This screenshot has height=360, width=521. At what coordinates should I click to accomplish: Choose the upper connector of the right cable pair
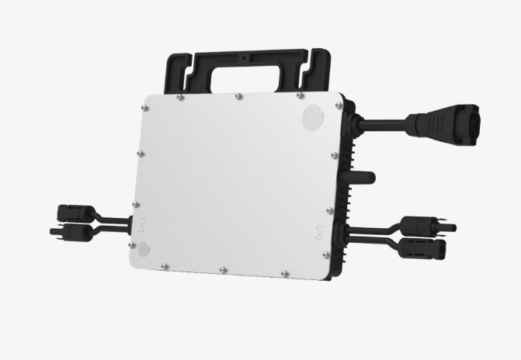[425, 227]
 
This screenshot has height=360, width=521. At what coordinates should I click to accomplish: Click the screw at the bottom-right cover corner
[326, 255]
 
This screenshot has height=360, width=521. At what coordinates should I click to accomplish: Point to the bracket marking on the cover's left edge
[142, 225]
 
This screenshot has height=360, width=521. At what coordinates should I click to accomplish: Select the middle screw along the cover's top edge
[238, 97]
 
